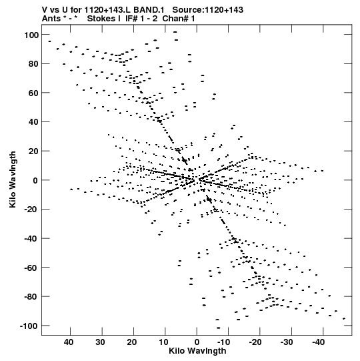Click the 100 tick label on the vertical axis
[x=31, y=35]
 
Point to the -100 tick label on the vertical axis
[x=29, y=326]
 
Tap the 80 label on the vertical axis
[x=33, y=64]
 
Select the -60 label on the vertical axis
[x=31, y=268]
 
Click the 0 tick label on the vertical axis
[x=35, y=180]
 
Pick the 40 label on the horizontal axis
[x=69, y=342]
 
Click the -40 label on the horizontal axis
[x=319, y=342]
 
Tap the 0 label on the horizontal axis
[x=197, y=342]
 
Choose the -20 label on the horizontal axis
[x=255, y=342]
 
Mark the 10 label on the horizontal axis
[x=163, y=342]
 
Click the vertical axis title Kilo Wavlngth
[x=13, y=179]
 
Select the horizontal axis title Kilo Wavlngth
[x=197, y=351]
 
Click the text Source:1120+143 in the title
[x=208, y=10]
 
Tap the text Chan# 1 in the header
[x=179, y=19]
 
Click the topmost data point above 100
[x=175, y=32]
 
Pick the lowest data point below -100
[x=218, y=328]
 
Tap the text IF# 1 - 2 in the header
[x=141, y=19]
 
